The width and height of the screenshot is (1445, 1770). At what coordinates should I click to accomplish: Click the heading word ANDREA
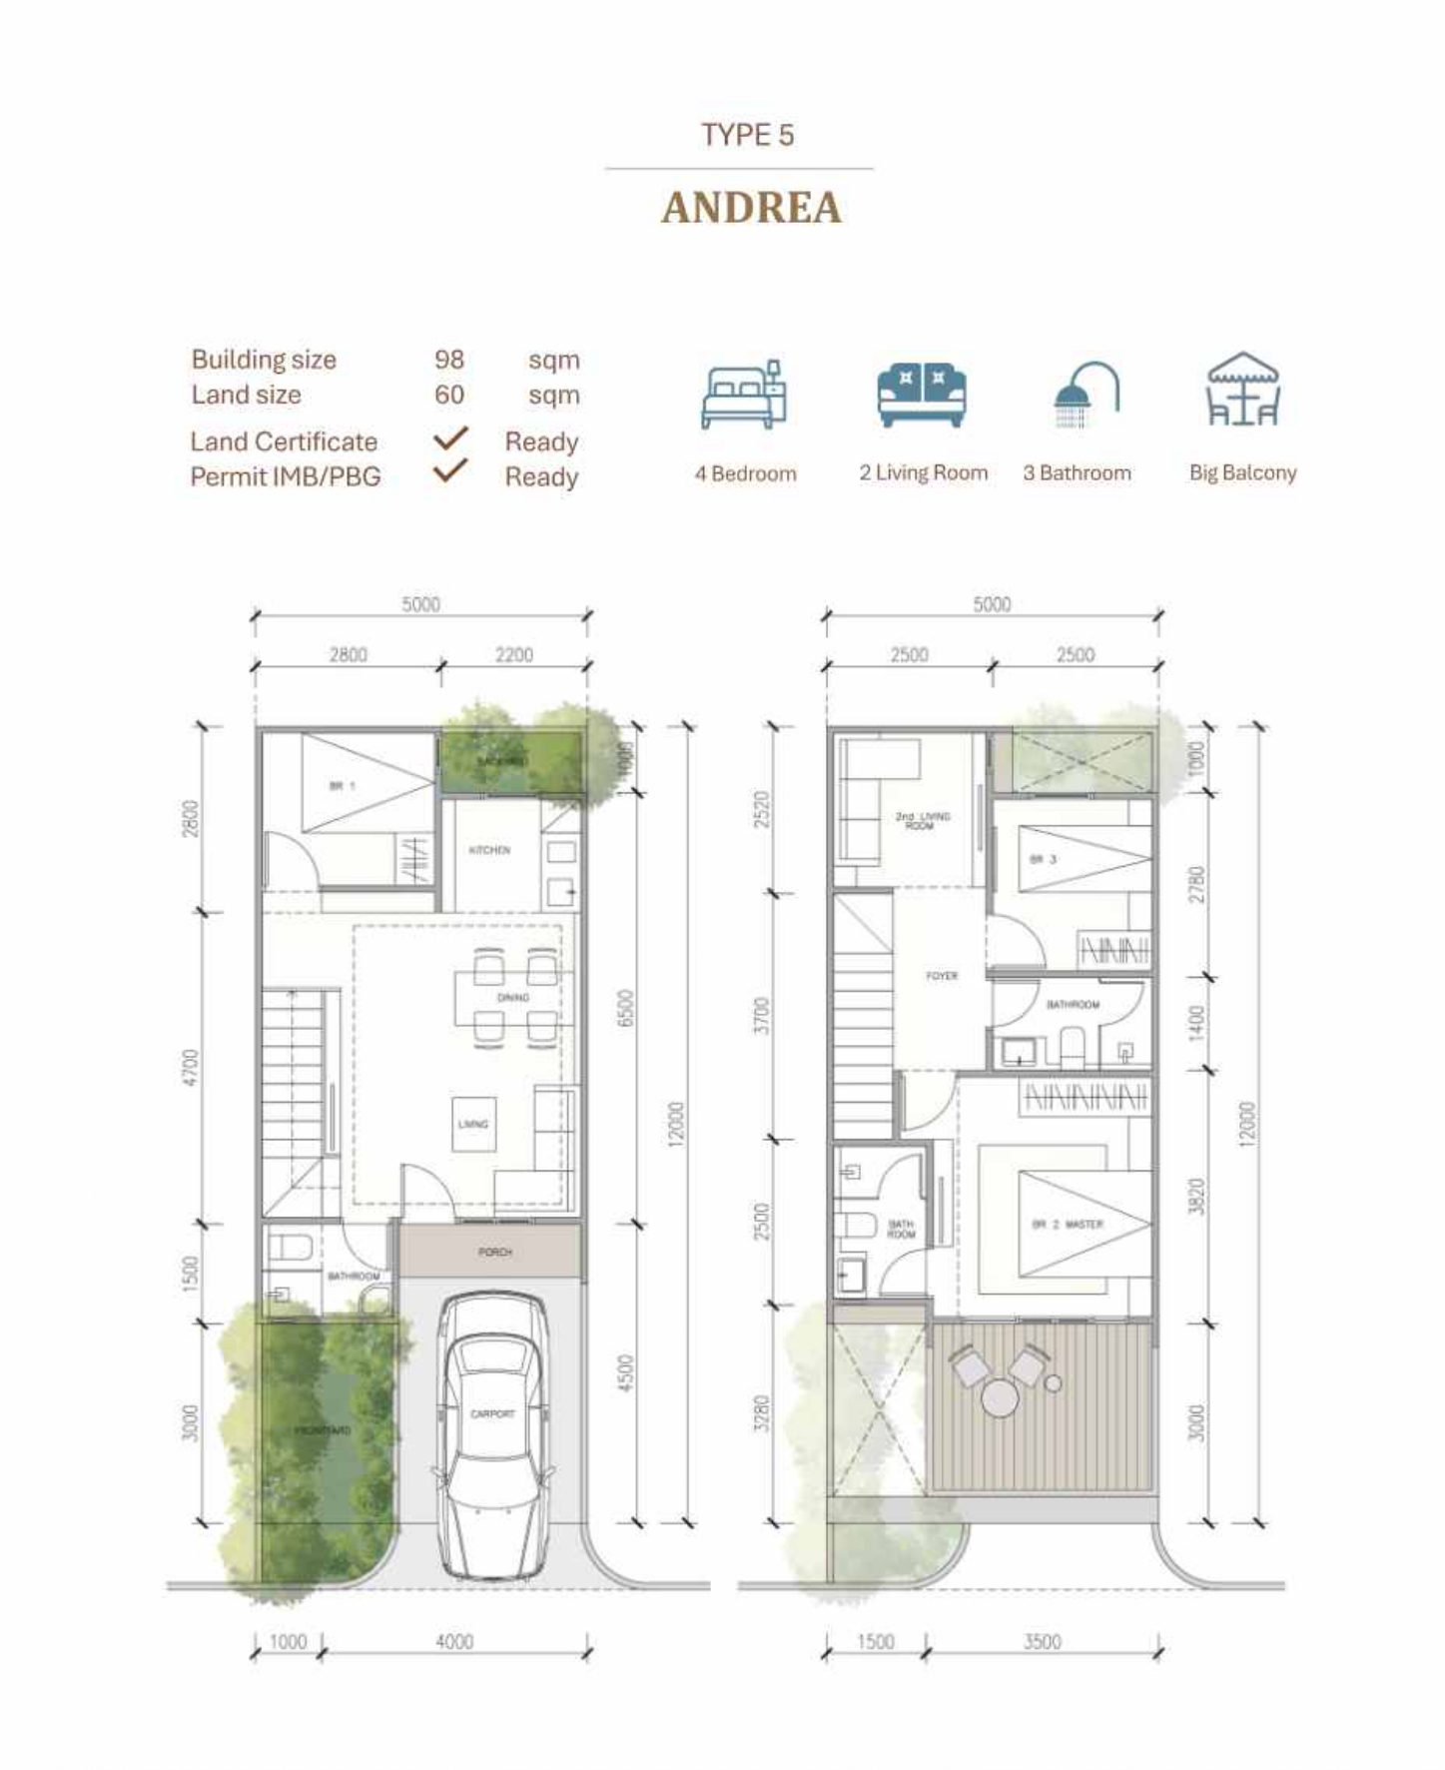[x=751, y=208]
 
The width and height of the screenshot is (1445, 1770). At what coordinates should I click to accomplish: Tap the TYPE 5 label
[x=747, y=135]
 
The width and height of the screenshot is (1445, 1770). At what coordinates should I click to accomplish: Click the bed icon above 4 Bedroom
[x=744, y=396]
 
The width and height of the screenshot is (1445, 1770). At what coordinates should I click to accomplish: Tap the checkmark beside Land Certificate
[x=450, y=439]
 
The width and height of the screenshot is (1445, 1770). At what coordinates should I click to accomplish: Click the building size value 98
[x=449, y=360]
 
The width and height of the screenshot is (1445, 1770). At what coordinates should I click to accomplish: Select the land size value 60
[x=449, y=395]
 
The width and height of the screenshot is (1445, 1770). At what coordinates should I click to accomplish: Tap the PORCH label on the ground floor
[x=494, y=1252]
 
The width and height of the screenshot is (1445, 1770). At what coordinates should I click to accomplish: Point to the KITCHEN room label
[x=489, y=850]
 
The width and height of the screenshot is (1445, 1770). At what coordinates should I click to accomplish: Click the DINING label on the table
[x=513, y=998]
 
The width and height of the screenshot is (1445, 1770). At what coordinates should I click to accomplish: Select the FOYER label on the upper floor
[x=942, y=976]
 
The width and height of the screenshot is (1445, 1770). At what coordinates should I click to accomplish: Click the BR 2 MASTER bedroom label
[x=1068, y=1224]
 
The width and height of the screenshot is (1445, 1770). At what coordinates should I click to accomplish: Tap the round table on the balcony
[x=1000, y=1398]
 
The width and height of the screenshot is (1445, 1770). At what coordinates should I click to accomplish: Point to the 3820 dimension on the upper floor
[x=1196, y=1197]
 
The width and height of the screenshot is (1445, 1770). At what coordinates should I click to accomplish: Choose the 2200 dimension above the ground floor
[x=514, y=655]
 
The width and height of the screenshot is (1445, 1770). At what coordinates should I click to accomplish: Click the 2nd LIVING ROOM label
[x=922, y=821]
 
